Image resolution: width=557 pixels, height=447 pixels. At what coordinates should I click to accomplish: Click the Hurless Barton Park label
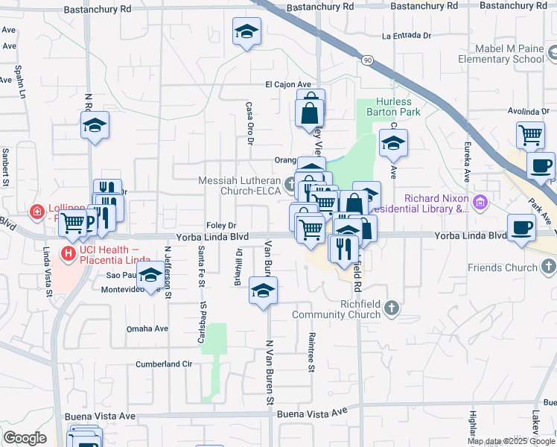pos(393,107)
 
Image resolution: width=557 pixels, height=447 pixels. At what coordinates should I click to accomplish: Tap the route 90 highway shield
pos(367,59)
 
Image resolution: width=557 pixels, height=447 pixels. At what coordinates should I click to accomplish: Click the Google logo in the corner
pos(25,438)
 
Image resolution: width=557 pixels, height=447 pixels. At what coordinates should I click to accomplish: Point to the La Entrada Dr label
pos(406,36)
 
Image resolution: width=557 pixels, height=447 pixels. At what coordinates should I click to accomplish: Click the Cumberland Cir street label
pos(163,364)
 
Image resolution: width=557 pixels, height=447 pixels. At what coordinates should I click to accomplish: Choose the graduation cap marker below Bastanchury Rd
pos(246,33)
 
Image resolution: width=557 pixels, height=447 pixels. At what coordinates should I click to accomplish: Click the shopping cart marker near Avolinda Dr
pos(530,135)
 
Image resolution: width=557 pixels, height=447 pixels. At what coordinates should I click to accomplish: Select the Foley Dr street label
pos(221,225)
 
